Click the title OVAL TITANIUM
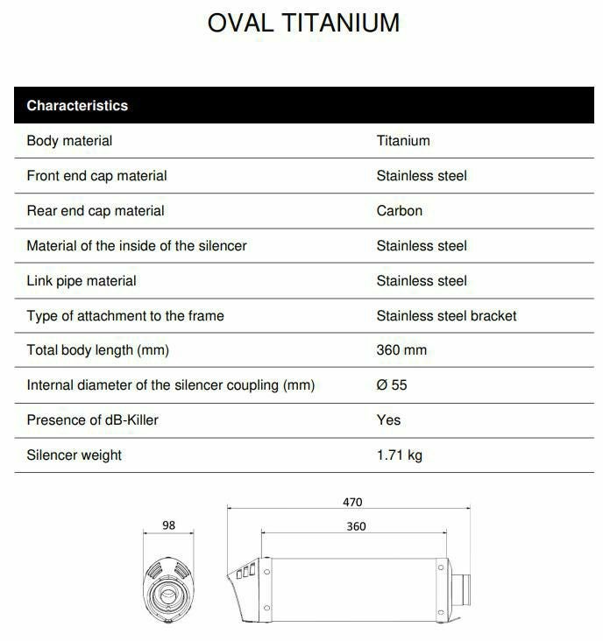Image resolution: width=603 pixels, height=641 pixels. (x=303, y=24)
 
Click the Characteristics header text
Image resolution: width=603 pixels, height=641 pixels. (x=77, y=106)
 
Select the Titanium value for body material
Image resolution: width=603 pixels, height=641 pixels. (x=403, y=141)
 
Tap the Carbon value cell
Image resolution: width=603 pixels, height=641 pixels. (x=400, y=211)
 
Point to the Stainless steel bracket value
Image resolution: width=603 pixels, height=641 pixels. (x=446, y=316)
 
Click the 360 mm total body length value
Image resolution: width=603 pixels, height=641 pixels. (x=401, y=350)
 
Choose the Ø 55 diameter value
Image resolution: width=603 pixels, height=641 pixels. (x=392, y=385)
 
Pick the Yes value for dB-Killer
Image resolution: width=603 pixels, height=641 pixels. (x=388, y=420)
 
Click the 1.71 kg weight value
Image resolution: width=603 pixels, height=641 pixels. (x=400, y=455)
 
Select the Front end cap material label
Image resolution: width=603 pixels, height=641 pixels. (x=96, y=176)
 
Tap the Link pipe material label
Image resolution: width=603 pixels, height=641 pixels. (x=82, y=281)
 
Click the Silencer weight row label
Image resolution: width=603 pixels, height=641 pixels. (x=74, y=455)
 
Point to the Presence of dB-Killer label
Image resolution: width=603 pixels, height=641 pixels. (x=93, y=420)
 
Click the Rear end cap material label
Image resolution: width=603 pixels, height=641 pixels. (x=96, y=211)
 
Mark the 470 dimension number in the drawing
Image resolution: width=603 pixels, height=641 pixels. (x=351, y=503)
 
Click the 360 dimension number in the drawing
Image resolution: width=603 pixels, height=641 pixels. (x=355, y=526)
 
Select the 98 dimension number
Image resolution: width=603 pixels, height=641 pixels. (x=169, y=525)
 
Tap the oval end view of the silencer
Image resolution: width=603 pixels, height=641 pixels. (x=168, y=592)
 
